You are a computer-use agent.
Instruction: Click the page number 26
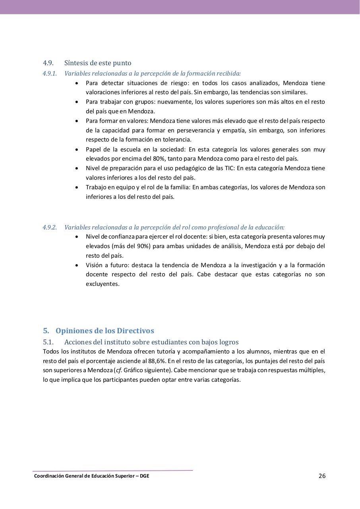pyautogui.click(x=322, y=476)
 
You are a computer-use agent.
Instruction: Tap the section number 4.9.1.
pyautogui.click(x=50, y=74)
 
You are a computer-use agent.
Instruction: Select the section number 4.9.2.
pyautogui.click(x=50, y=227)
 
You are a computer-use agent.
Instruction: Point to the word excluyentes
pyautogui.click(x=102, y=284)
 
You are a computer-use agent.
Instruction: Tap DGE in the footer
pyautogui.click(x=145, y=476)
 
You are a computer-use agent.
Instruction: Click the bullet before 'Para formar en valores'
pyautogui.click(x=77, y=121)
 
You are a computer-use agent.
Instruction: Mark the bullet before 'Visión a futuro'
pyautogui.click(x=77, y=265)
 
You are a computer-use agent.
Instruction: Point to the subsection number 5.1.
pyautogui.click(x=48, y=342)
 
